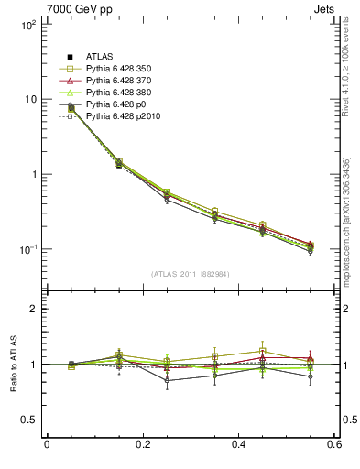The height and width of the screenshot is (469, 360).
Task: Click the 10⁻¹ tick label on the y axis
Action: click(x=27, y=249)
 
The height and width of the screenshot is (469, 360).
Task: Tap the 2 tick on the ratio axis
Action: click(x=32, y=309)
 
